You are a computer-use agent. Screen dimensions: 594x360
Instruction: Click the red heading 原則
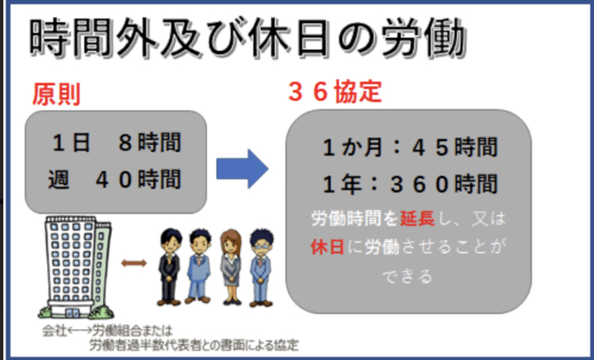pos(56,94)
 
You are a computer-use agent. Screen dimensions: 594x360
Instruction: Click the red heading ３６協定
pos(335,92)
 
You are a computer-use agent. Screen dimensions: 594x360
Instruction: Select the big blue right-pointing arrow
pos(243,168)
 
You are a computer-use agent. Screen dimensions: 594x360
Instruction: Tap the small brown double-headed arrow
pos(134,263)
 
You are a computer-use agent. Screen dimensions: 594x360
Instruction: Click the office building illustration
pos(75,267)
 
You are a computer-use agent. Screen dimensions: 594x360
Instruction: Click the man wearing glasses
pos(261,267)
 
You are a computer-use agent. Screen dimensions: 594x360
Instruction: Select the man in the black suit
pos(169,266)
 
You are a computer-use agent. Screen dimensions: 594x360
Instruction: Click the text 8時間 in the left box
pos(150,142)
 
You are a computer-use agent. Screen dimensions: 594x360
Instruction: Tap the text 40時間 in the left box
pos(139,179)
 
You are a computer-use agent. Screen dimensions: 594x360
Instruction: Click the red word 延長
pos(417,219)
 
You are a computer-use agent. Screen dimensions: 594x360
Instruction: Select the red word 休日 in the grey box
pos(328,247)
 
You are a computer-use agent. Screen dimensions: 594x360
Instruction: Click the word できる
pos(407,276)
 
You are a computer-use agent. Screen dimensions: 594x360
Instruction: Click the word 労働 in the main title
pos(423,38)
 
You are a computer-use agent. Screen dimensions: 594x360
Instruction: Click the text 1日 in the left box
pos(71,142)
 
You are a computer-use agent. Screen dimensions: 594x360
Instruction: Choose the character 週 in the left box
pos(59,179)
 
